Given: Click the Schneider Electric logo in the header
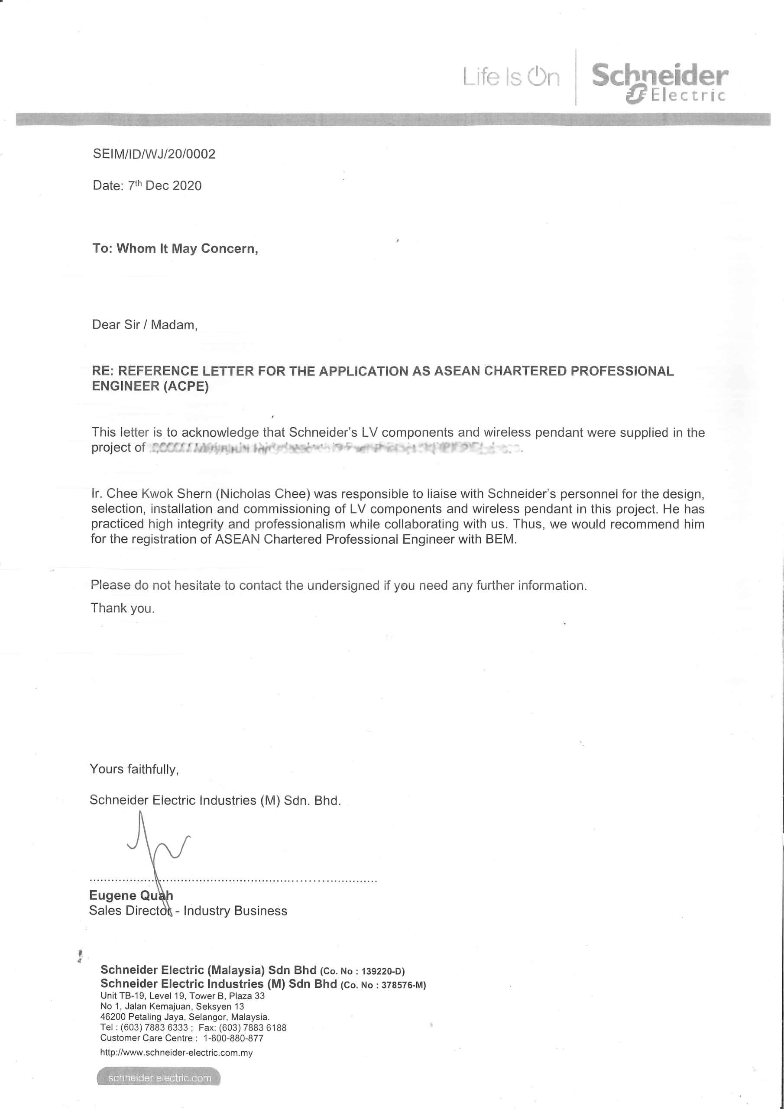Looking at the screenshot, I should (x=659, y=83).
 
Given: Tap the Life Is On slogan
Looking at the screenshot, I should (x=511, y=77).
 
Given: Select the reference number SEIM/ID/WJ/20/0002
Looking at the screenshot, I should (x=154, y=154).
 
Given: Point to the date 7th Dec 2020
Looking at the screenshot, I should (x=164, y=186).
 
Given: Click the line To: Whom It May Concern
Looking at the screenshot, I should (x=175, y=249).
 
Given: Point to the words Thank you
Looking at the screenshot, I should (x=123, y=608).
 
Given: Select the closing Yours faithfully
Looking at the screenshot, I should (x=134, y=769).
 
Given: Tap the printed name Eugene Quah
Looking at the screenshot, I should (x=131, y=895).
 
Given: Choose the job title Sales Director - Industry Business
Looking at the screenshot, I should (x=188, y=911).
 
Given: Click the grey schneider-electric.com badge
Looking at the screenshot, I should (x=159, y=1078).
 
